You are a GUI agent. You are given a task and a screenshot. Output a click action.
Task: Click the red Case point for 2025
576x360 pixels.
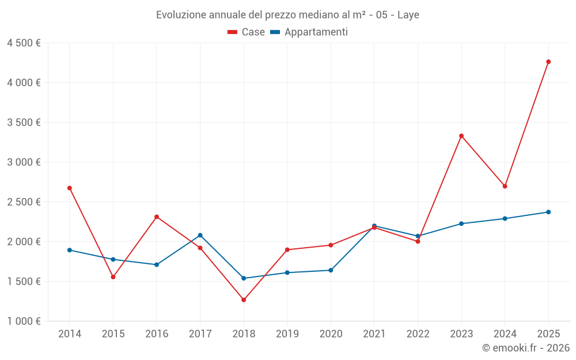pos(548,62)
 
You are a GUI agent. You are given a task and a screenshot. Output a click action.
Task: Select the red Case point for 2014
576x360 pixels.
pos(70,188)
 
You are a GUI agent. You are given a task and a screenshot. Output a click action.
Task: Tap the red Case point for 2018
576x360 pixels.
pos(244,300)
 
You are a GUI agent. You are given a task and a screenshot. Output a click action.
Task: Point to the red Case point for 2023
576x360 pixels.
pos(461,136)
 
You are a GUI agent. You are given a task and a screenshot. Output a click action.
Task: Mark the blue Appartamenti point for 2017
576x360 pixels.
pos(200,235)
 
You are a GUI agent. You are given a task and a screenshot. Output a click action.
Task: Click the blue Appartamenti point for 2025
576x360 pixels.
pos(548,212)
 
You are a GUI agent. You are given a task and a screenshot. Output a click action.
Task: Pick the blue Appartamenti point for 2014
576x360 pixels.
pos(70,250)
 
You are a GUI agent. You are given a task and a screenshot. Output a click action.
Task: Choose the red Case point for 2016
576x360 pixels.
pos(157,217)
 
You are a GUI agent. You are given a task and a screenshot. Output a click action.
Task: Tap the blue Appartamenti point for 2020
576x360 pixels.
pos(331,270)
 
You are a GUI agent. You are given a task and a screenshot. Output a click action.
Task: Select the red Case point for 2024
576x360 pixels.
pos(505,186)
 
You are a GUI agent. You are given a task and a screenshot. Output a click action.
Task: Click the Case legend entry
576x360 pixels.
pos(246,32)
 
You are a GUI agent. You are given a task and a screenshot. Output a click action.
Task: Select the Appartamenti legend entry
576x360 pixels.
pos(309,32)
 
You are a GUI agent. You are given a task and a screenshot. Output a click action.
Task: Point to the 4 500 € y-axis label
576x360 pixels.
pos(24,43)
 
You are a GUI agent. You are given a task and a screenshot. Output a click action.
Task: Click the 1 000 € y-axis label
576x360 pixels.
pos(24,321)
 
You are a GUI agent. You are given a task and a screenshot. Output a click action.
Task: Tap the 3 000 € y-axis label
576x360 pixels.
pos(24,162)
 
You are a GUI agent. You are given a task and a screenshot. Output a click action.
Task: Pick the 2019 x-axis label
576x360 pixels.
pos(287,334)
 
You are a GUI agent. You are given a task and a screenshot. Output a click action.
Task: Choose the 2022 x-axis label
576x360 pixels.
pos(418,334)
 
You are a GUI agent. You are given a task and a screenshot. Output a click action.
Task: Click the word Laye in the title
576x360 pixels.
pos(408,15)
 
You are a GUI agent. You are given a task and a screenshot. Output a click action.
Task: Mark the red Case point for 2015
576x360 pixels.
pos(113,277)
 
